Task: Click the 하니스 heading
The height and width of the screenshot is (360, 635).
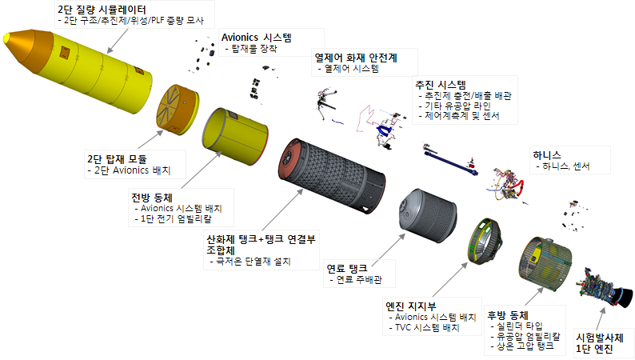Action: (548, 154)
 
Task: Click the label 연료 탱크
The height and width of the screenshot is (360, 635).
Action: (346, 268)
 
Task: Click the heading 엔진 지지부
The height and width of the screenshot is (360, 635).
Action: (411, 305)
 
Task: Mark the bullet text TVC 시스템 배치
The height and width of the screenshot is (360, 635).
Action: (422, 328)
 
